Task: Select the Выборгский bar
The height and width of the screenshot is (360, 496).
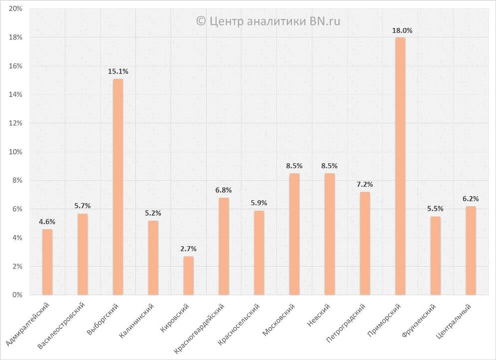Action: pyautogui.click(x=118, y=187)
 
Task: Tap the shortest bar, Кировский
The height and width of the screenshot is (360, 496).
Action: pyautogui.click(x=188, y=276)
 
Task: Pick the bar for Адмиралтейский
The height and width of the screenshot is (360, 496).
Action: pyautogui.click(x=47, y=262)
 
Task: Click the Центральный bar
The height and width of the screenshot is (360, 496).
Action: pyautogui.click(x=471, y=251)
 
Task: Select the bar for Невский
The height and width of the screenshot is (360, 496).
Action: pyautogui.click(x=329, y=234)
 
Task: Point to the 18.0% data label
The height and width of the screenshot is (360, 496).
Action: pyautogui.click(x=402, y=30)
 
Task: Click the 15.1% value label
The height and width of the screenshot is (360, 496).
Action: pyautogui.click(x=118, y=72)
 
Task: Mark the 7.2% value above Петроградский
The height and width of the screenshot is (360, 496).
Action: pyautogui.click(x=365, y=185)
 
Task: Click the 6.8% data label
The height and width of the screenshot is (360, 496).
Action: pyautogui.click(x=223, y=190)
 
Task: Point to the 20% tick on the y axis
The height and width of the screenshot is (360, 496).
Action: pyautogui.click(x=15, y=9)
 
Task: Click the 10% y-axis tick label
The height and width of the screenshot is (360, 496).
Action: pyautogui.click(x=15, y=152)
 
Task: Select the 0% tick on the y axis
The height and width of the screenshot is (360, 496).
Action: pyautogui.click(x=17, y=295)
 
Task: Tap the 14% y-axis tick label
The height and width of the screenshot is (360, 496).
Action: pyautogui.click(x=15, y=95)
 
